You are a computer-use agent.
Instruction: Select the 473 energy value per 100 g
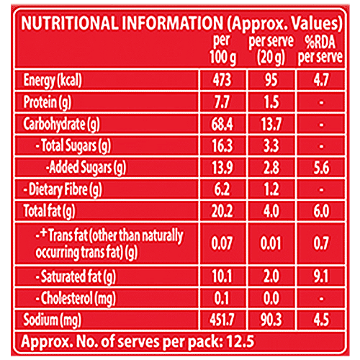(x=224, y=79)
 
